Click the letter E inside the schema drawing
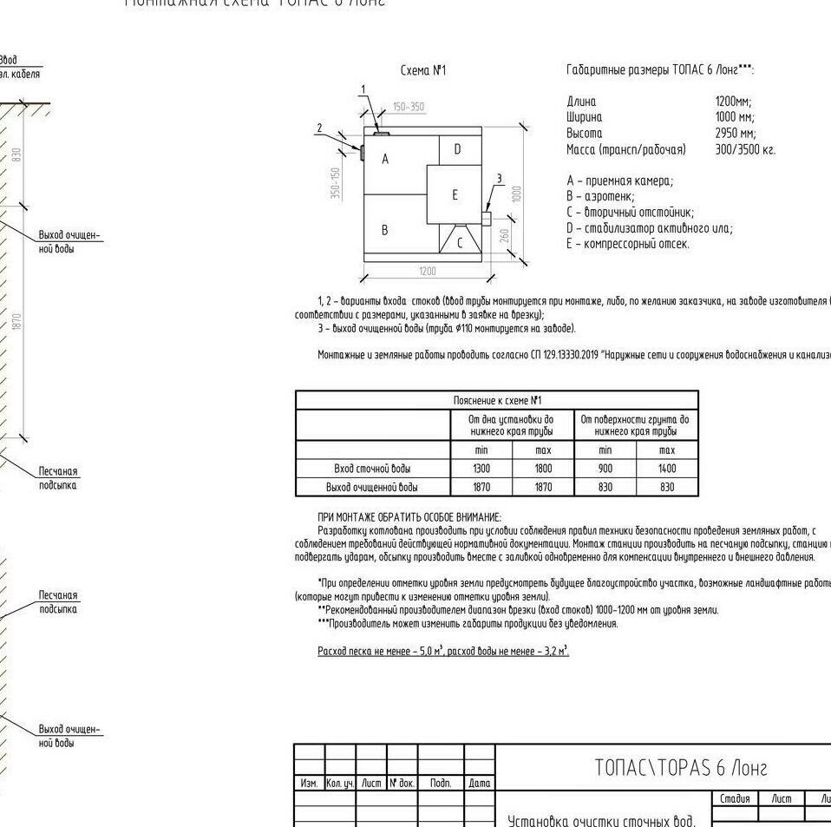click(x=455, y=194)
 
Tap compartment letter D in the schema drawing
click(x=457, y=149)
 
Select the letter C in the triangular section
click(x=460, y=243)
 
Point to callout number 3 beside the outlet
click(x=498, y=179)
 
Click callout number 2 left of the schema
click(x=319, y=128)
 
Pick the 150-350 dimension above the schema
click(x=409, y=108)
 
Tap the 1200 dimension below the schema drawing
click(x=428, y=272)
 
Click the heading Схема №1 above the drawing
click(x=423, y=70)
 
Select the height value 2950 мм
click(x=735, y=134)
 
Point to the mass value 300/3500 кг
click(x=745, y=150)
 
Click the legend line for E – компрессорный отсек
click(x=628, y=244)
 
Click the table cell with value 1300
click(x=481, y=469)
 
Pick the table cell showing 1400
click(x=667, y=469)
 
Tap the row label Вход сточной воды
click(x=372, y=469)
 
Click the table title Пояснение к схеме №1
click(x=497, y=401)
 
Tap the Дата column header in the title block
click(x=480, y=783)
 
